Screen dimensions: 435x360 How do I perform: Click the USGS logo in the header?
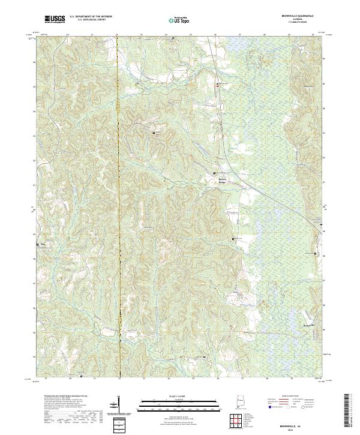click(x=55, y=20)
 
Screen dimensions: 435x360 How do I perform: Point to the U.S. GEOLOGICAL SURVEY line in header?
click(x=91, y=22)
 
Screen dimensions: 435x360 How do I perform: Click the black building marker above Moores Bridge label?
click(x=217, y=173)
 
